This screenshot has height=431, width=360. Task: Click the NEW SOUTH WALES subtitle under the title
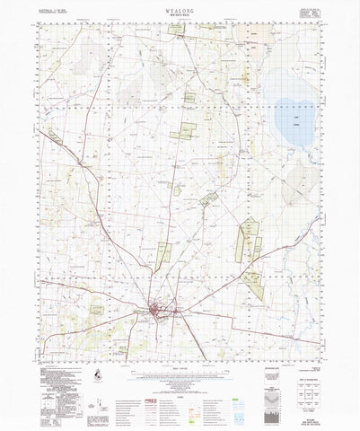(180, 22)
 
